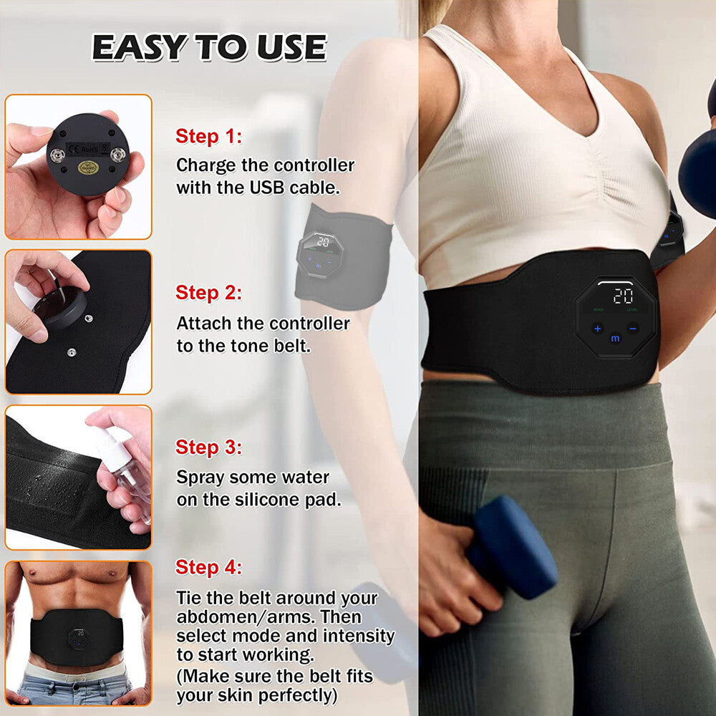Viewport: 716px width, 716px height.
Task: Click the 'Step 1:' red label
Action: tap(208, 136)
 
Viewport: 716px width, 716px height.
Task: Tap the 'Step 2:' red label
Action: tap(208, 293)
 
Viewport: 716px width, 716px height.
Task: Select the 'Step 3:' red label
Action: tap(208, 447)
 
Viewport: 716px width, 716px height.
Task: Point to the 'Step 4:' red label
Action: tap(208, 568)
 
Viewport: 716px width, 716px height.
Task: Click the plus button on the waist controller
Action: tap(598, 329)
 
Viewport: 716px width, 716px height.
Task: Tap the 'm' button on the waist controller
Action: tap(615, 338)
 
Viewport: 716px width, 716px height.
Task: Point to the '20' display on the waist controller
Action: tap(622, 296)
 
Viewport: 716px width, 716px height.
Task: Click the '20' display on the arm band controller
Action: tap(323, 243)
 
